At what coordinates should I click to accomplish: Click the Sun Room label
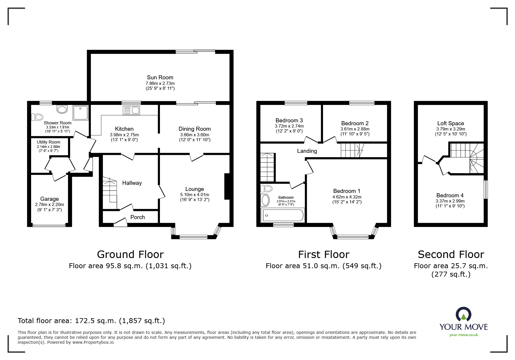coord(160,77)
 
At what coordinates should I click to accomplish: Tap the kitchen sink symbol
coord(131,110)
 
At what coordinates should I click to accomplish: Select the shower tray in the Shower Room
coord(80,112)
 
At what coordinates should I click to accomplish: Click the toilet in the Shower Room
coord(37,117)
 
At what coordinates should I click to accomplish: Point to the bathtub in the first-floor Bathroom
coord(283,216)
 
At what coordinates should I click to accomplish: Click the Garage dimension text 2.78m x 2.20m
coord(49,205)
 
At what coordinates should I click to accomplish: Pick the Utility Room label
coord(49,142)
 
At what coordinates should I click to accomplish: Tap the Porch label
coord(138,217)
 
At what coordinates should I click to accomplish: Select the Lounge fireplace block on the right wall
coord(227,187)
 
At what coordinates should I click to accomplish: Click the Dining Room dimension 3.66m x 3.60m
coord(195,135)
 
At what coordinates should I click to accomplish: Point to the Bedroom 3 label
coord(289,120)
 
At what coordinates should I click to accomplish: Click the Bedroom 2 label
coord(355,123)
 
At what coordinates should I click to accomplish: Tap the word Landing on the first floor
coord(307,151)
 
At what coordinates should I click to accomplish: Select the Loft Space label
coord(450,123)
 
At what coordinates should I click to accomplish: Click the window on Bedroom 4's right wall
coord(485,189)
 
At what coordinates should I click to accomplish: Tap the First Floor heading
coord(323,255)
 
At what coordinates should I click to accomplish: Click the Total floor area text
coord(91,321)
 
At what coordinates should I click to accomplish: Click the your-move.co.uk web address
coord(464,335)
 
